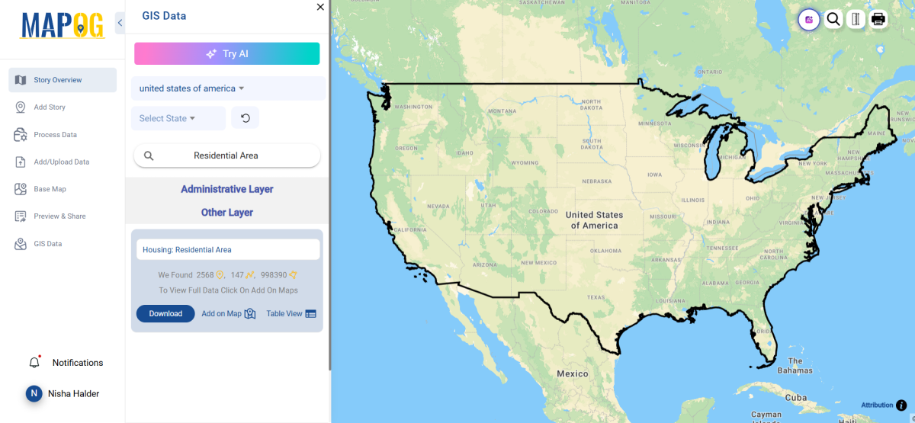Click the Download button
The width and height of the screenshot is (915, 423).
click(x=165, y=313)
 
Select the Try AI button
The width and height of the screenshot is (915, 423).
click(x=226, y=54)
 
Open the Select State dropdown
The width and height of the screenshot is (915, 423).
click(x=178, y=118)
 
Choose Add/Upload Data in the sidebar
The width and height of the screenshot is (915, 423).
click(x=61, y=162)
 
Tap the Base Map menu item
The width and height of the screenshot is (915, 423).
click(x=50, y=189)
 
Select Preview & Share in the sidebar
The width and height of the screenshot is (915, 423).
click(x=59, y=216)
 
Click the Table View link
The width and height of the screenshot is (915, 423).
click(x=291, y=313)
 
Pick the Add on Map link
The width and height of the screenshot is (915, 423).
click(x=228, y=313)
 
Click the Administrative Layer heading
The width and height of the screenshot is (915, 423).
click(x=226, y=189)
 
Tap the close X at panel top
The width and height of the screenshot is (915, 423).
click(x=320, y=7)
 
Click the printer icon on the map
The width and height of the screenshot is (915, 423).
click(x=878, y=19)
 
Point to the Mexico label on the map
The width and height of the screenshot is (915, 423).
click(x=572, y=373)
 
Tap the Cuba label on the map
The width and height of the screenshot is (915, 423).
click(x=795, y=398)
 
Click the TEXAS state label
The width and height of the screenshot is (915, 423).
click(x=596, y=297)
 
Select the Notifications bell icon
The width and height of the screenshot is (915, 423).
click(x=34, y=363)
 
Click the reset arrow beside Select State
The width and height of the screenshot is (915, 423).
click(x=245, y=118)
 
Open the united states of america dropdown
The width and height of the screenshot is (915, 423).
click(x=191, y=88)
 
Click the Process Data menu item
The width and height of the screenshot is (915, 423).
click(x=55, y=135)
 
